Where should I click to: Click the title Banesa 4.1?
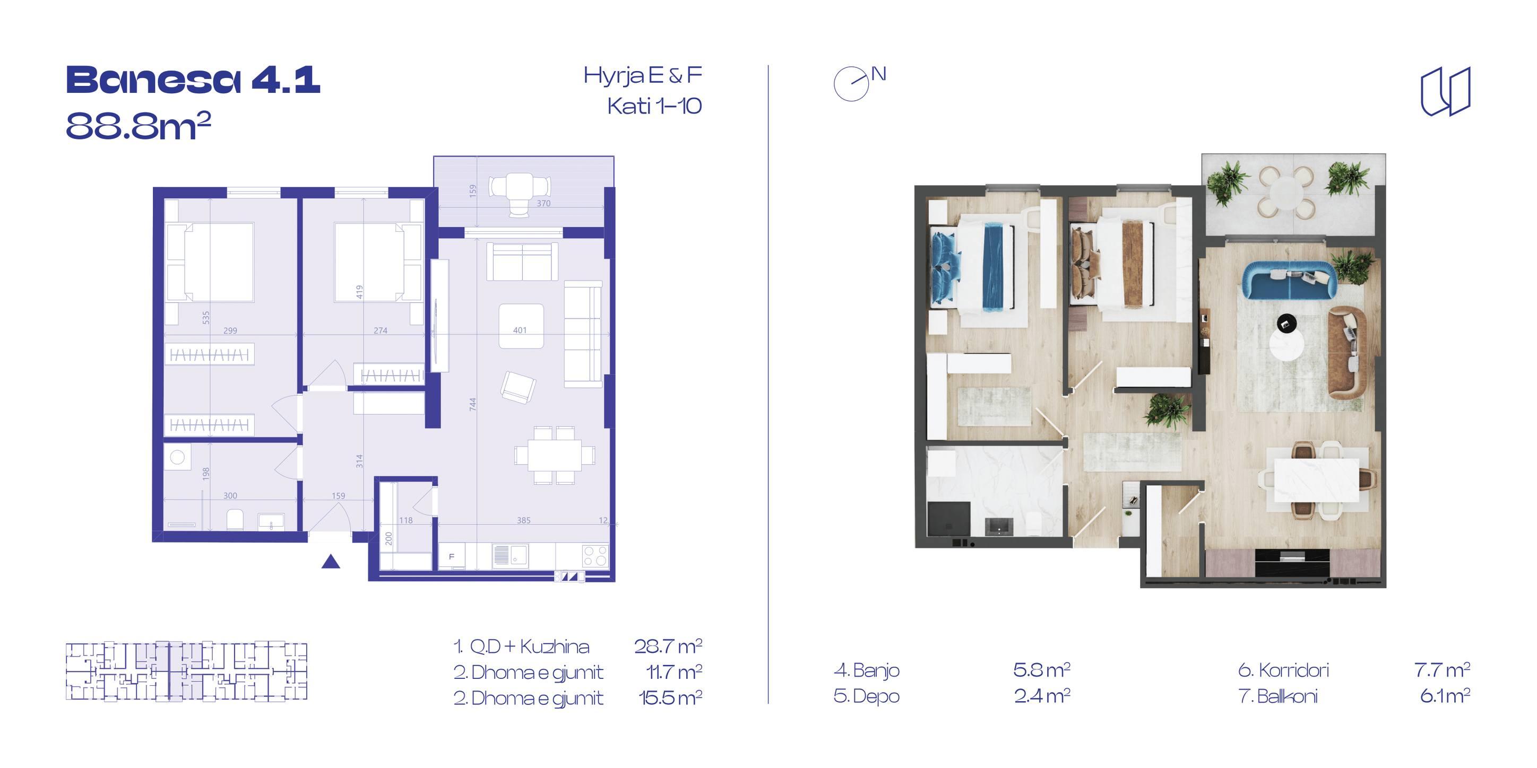193,80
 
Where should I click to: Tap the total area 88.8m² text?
139,126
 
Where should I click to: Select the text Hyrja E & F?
643,76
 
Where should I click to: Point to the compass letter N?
878,75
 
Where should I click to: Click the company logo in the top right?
1445,91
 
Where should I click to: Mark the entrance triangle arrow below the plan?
331,561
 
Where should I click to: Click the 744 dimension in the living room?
472,404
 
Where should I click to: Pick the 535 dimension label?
206,317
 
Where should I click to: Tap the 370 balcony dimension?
543,203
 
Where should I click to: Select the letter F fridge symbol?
452,556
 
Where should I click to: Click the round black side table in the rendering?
1286,324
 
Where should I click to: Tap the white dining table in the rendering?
1317,481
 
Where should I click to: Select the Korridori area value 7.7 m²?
1441,670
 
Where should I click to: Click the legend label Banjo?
866,671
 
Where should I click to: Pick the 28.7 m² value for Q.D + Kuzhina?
668,646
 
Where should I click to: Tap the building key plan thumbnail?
186,670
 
